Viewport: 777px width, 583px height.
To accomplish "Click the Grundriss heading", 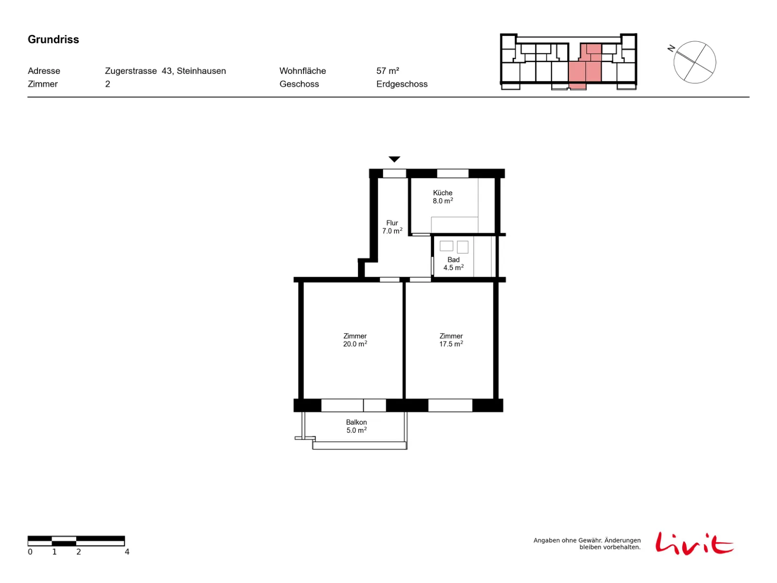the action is tap(53, 39).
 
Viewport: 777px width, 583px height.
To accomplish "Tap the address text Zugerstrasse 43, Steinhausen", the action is tap(165, 71).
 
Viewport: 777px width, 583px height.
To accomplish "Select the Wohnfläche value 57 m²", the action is tap(387, 71).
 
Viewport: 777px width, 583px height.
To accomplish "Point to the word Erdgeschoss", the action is tap(401, 84).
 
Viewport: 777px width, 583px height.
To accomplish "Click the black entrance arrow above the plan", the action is tap(394, 158).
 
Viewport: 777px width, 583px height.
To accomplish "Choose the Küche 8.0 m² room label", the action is tap(442, 196).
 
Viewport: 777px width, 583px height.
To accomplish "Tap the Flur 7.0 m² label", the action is tap(391, 226).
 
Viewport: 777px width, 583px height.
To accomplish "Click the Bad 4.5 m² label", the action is tap(453, 263).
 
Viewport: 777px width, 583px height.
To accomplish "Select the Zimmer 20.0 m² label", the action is tap(355, 340).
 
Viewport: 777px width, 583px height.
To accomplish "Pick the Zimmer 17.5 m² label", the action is tap(451, 340).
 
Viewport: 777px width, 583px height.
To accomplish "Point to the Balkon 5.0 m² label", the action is tap(356, 426).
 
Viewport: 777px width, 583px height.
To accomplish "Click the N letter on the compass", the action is tap(670, 48).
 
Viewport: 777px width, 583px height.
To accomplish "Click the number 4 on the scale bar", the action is tap(127, 551).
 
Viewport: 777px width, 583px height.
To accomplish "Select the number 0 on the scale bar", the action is tap(30, 551).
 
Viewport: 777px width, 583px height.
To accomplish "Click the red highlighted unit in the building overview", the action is tap(584, 67).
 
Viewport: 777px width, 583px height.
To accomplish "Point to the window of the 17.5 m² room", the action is tap(450, 405).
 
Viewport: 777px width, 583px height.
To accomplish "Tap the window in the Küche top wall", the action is tap(452, 173).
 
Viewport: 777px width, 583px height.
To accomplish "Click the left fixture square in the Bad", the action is tap(446, 246).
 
